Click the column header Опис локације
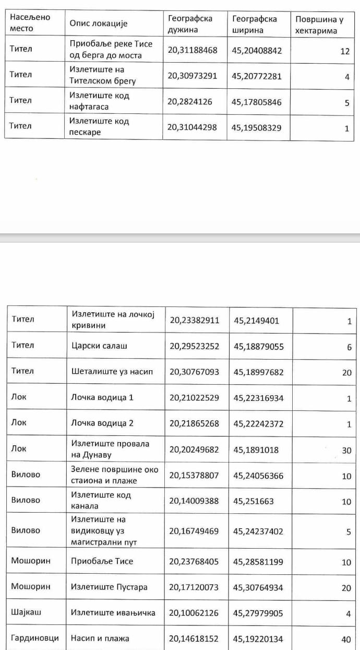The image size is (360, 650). pos(99,23)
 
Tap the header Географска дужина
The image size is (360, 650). pos(190,24)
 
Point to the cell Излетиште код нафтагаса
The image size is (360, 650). pos(100,101)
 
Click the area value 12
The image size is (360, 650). pos(344,51)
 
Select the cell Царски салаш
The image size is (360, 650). pos(99,346)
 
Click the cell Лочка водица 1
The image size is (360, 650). pos(102,397)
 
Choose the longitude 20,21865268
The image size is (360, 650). pos(195,423)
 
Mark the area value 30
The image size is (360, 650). pos(346,450)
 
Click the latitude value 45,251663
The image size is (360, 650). pos(254,501)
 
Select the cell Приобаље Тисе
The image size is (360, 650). pos(102,561)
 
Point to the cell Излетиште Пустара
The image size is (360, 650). pos(109,587)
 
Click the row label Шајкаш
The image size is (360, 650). pos(26,612)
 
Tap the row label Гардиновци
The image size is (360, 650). pos(35,638)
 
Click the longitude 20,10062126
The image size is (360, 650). pos(195,613)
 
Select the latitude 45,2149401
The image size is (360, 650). pos(256,321)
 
